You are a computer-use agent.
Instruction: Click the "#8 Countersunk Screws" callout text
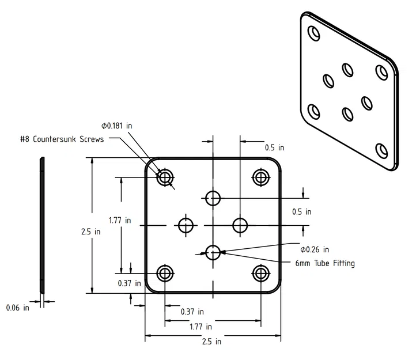[62, 139]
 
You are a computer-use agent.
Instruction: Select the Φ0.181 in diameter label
[116, 125]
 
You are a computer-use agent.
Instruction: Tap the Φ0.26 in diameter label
[315, 249]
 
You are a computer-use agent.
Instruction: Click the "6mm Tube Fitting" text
[322, 263]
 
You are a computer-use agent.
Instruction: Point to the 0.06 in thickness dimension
[17, 308]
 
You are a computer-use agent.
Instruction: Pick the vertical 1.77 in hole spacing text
[120, 220]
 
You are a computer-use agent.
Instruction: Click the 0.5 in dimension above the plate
[274, 147]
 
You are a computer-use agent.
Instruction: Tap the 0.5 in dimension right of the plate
[301, 211]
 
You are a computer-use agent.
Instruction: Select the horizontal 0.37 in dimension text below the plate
[192, 312]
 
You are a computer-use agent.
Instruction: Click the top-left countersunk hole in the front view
[166, 177]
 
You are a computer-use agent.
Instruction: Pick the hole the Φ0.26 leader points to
[213, 251]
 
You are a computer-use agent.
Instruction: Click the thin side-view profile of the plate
[41, 225]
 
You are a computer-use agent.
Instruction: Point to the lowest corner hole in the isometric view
[381, 150]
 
